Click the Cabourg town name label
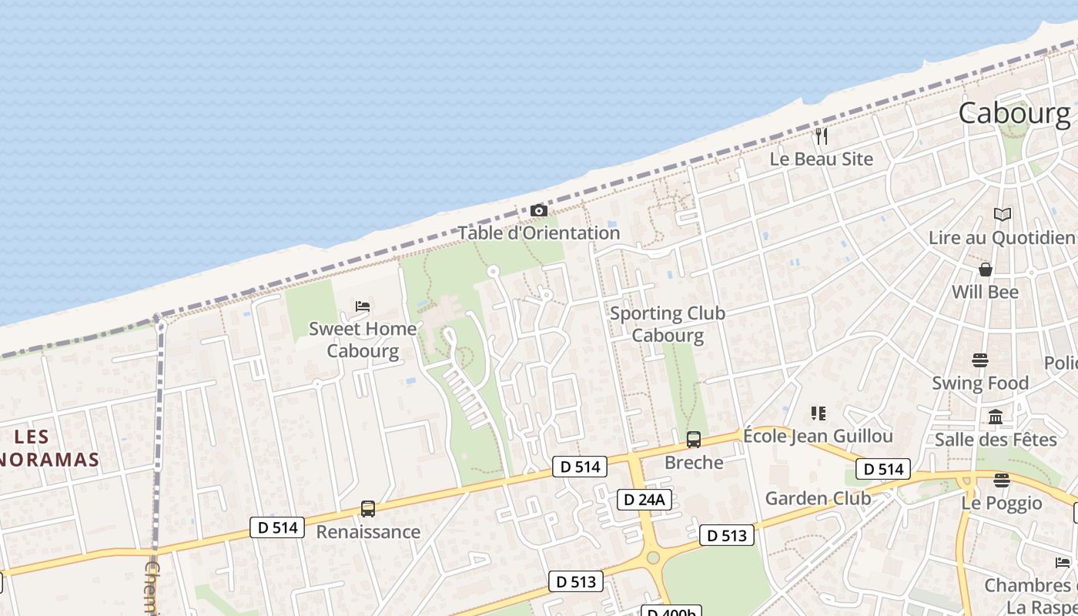coord(1014,114)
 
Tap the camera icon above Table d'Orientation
coord(539,210)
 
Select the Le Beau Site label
coord(822,159)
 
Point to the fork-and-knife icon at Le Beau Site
coord(822,136)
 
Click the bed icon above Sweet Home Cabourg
coord(363,306)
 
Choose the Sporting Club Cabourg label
coord(668,324)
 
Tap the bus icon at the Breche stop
coord(694,440)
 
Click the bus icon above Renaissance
coord(368,509)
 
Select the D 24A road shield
coord(644,500)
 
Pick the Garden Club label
coord(818,498)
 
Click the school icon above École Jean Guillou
coord(819,413)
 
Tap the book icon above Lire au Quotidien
coord(1002,214)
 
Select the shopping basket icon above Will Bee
coord(985,269)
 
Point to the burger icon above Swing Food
coord(980,360)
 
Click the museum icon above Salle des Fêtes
coord(996,417)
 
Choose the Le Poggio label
coord(1001,504)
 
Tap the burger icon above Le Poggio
coord(1001,480)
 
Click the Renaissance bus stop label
coord(368,532)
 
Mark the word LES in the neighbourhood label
coord(32,437)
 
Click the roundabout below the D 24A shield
coord(653,556)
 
